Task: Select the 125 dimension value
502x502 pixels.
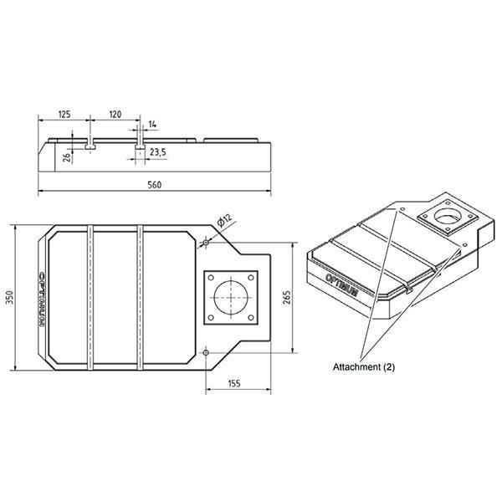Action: (x=64, y=112)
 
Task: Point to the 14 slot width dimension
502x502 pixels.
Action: (x=152, y=124)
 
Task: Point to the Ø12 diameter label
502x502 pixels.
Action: (x=223, y=220)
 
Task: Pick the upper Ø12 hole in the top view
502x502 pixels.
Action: (x=205, y=243)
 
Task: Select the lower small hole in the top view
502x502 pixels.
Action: (x=205, y=352)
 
